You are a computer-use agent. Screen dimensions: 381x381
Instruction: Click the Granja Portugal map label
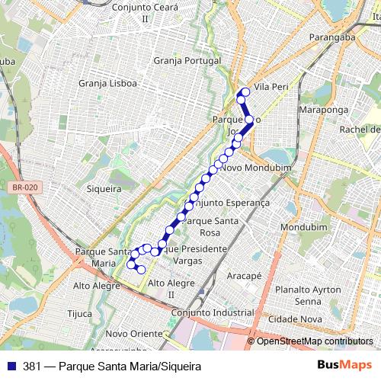tap(187, 60)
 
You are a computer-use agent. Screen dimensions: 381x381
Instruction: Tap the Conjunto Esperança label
tap(231, 203)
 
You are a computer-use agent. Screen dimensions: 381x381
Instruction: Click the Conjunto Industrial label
tap(213, 313)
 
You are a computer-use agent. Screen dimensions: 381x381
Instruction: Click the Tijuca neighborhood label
tap(79, 313)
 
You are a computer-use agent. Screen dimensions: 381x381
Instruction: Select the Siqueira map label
tap(104, 188)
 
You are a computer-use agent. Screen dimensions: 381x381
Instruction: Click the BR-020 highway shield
tap(25, 186)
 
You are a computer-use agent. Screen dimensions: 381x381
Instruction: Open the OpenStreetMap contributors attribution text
tap(314, 341)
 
